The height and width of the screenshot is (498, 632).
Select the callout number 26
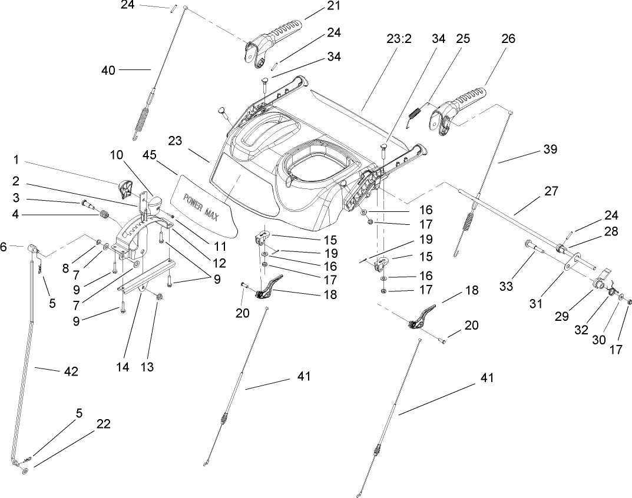(508, 39)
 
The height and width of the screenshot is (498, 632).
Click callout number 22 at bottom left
(103, 424)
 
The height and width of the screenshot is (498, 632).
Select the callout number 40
(109, 69)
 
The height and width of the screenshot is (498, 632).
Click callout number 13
(147, 367)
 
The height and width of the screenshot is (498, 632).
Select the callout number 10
(116, 155)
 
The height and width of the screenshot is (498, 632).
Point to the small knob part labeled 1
(126, 188)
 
